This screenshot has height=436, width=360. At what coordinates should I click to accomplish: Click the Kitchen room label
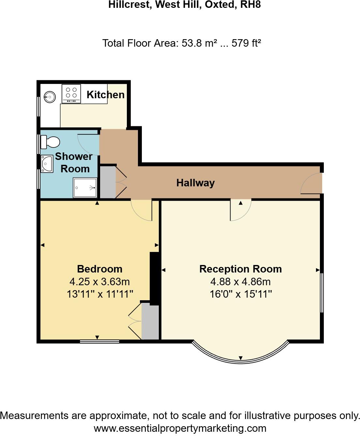tap(105, 95)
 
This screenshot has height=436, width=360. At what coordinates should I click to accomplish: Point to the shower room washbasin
tap(47, 163)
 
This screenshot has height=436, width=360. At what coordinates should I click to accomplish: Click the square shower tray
tap(85, 188)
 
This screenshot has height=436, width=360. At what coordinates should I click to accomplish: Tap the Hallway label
tap(195, 183)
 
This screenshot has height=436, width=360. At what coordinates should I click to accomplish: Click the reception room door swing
tap(240, 210)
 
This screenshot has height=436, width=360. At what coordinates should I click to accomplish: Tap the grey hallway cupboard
tap(108, 182)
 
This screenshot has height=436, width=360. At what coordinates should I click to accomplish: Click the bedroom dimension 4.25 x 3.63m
tap(99, 281)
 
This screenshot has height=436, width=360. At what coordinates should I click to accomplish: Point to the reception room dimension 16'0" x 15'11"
tap(241, 294)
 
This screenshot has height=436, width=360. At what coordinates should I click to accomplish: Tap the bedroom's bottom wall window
tap(99, 341)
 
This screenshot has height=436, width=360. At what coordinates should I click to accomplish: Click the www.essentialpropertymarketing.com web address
tap(180, 428)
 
